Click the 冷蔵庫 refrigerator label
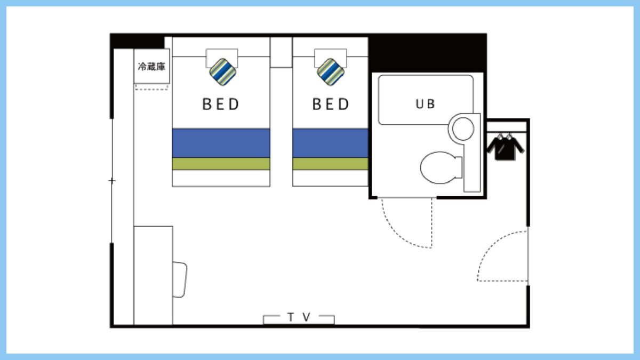[x=151, y=67]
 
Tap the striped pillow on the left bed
[x=223, y=72]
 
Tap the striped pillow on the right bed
[x=331, y=72]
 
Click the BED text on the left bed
[x=221, y=105]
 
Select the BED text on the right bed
[x=331, y=105]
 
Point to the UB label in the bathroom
[x=425, y=104]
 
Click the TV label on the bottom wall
[x=299, y=317]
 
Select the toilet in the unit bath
[x=441, y=167]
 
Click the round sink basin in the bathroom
[x=463, y=129]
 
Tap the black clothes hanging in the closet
[x=505, y=147]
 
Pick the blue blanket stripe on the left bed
[x=221, y=143]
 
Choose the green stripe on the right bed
[x=330, y=164]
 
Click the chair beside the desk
[x=180, y=279]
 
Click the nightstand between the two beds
[x=281, y=52]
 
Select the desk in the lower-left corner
[x=153, y=275]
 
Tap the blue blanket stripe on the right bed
[x=330, y=143]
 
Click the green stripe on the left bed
[x=221, y=164]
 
